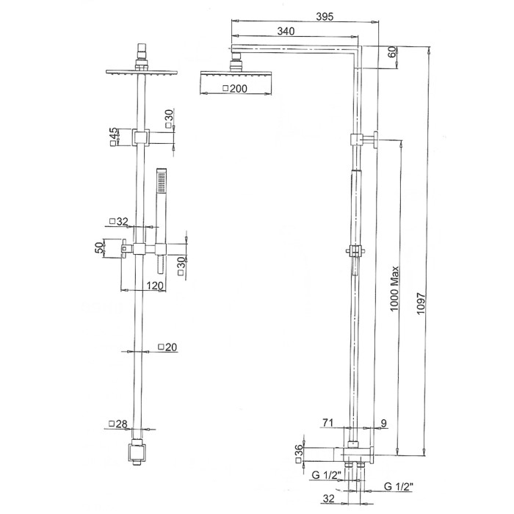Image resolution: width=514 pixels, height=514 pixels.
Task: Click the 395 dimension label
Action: (325, 16)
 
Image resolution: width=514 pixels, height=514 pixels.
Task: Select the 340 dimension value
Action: (286, 31)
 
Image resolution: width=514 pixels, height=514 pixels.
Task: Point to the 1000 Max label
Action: (394, 289)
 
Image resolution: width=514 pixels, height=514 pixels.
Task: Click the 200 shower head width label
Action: (235, 89)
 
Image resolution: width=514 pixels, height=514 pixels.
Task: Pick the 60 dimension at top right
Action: (392, 52)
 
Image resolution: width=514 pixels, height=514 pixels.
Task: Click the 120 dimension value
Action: (155, 286)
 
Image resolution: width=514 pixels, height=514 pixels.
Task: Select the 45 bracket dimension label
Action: (113, 137)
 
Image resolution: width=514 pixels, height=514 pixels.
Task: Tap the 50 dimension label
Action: (98, 247)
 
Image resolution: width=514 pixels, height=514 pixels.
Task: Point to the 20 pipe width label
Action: (167, 347)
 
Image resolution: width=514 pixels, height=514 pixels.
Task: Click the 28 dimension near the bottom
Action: (117, 424)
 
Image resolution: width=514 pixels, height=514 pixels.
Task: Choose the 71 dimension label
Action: (327, 423)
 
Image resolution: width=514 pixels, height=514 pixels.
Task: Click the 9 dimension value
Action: (384, 423)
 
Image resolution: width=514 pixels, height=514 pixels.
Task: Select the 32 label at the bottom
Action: (328, 499)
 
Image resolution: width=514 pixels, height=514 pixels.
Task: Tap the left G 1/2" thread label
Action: (327, 475)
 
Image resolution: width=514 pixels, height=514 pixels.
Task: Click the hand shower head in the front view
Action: (162, 183)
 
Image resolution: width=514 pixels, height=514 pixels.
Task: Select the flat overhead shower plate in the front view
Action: (141, 71)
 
